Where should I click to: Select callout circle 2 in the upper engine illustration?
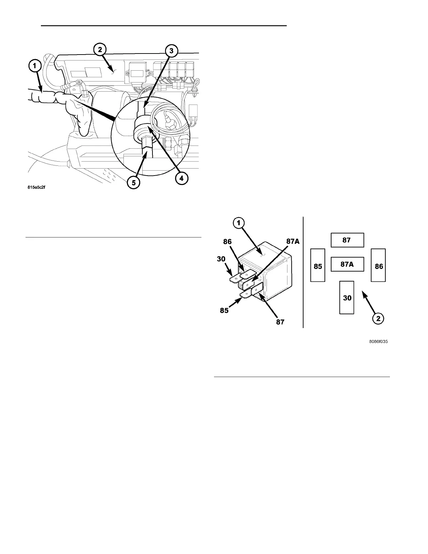tap(100, 50)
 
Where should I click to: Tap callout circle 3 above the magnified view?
tap(171, 51)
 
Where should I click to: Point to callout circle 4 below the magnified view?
tap(181, 178)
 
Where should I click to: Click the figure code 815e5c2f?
tap(36, 187)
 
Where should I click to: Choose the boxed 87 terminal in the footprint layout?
tap(347, 240)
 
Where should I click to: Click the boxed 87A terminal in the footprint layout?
tap(347, 264)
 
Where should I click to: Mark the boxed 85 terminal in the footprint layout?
tap(318, 266)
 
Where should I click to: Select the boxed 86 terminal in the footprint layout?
tap(379, 266)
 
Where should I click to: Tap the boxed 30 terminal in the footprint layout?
tap(347, 298)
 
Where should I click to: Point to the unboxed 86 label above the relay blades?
tap(228, 241)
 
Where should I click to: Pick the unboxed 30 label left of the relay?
tap(221, 260)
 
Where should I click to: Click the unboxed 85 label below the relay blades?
tap(224, 310)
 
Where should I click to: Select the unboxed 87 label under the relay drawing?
tap(280, 322)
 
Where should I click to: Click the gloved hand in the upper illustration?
tap(79, 112)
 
